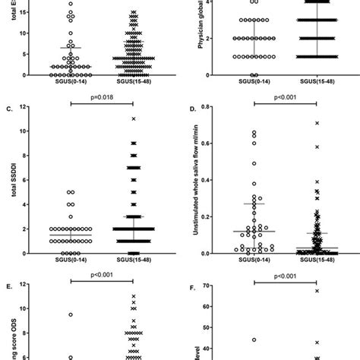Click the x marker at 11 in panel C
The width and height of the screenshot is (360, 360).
coord(133,119)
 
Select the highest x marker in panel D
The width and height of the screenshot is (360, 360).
coord(317,122)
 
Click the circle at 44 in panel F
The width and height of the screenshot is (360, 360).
coord(255,339)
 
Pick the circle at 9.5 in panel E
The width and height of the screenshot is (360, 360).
coord(70,314)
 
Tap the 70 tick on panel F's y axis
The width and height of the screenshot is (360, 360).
coord(215,286)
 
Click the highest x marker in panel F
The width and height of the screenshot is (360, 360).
coord(317,291)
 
